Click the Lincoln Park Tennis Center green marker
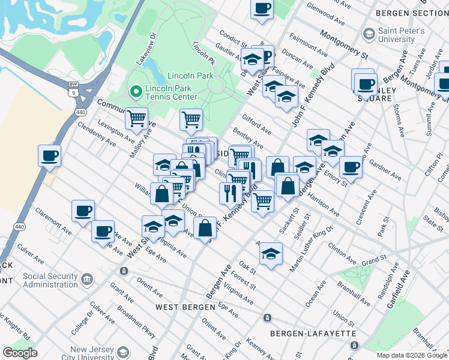[x=136, y=92]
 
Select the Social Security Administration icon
[x=87, y=280]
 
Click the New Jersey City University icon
[x=123, y=352]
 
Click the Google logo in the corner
[x=20, y=353]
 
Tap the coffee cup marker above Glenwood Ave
[x=262, y=9]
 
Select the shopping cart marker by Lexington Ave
[x=137, y=118]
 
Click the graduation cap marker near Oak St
[x=271, y=253]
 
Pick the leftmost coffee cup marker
[x=49, y=155]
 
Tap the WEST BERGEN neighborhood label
[x=185, y=307]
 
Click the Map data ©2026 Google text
[x=412, y=355]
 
